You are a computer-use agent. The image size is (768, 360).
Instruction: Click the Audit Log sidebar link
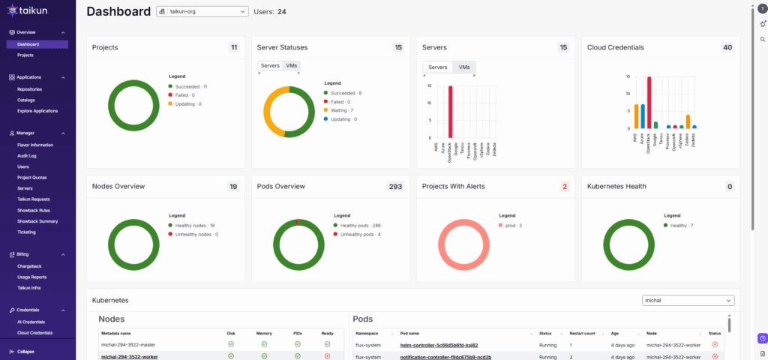[27, 155]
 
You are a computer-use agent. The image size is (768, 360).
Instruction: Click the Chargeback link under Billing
[28, 266]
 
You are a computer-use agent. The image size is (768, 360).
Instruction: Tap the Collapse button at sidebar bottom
[25, 352]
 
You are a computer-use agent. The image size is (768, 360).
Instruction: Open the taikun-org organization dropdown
[202, 12]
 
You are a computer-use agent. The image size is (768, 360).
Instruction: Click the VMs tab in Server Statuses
[292, 66]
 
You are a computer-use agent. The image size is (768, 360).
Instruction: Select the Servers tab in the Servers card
[438, 67]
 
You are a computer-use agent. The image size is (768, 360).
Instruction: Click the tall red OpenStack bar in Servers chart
[451, 113]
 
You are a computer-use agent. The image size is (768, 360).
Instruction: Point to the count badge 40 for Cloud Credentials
[727, 47]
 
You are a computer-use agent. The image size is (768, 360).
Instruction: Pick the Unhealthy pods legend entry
[361, 235]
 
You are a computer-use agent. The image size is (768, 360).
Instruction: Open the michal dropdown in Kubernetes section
[688, 300]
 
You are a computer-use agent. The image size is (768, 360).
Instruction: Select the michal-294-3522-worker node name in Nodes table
[129, 357]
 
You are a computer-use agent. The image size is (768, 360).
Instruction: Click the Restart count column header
[582, 332]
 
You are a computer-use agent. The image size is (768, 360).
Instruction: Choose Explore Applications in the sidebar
[37, 111]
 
